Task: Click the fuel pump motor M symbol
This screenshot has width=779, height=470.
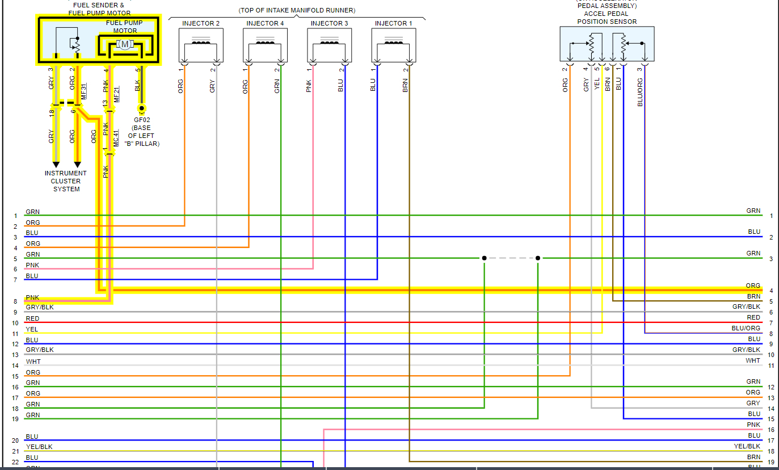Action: coord(124,44)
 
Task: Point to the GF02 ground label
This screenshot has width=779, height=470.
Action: coord(142,120)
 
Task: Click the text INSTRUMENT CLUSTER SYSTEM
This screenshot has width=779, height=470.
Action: coord(66,181)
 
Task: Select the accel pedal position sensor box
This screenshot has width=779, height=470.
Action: coord(607,44)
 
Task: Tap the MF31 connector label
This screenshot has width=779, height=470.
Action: coord(84,92)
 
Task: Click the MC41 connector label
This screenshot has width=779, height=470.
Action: coord(116,139)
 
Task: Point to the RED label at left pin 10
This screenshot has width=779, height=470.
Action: coord(32,318)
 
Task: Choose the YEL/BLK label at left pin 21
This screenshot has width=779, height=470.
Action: coord(39,447)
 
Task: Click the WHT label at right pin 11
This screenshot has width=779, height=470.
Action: coord(753,360)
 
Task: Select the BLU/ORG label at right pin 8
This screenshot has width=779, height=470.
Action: coord(746,328)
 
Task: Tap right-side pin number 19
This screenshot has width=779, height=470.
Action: coord(771,462)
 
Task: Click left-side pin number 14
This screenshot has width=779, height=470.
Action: coord(15,366)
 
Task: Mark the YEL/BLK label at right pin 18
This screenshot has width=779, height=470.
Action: coord(747,446)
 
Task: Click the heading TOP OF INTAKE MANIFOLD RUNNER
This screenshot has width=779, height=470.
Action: coord(297,10)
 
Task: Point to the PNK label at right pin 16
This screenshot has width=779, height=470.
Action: coord(753,425)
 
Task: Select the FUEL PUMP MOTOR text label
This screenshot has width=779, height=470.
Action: coord(125,27)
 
